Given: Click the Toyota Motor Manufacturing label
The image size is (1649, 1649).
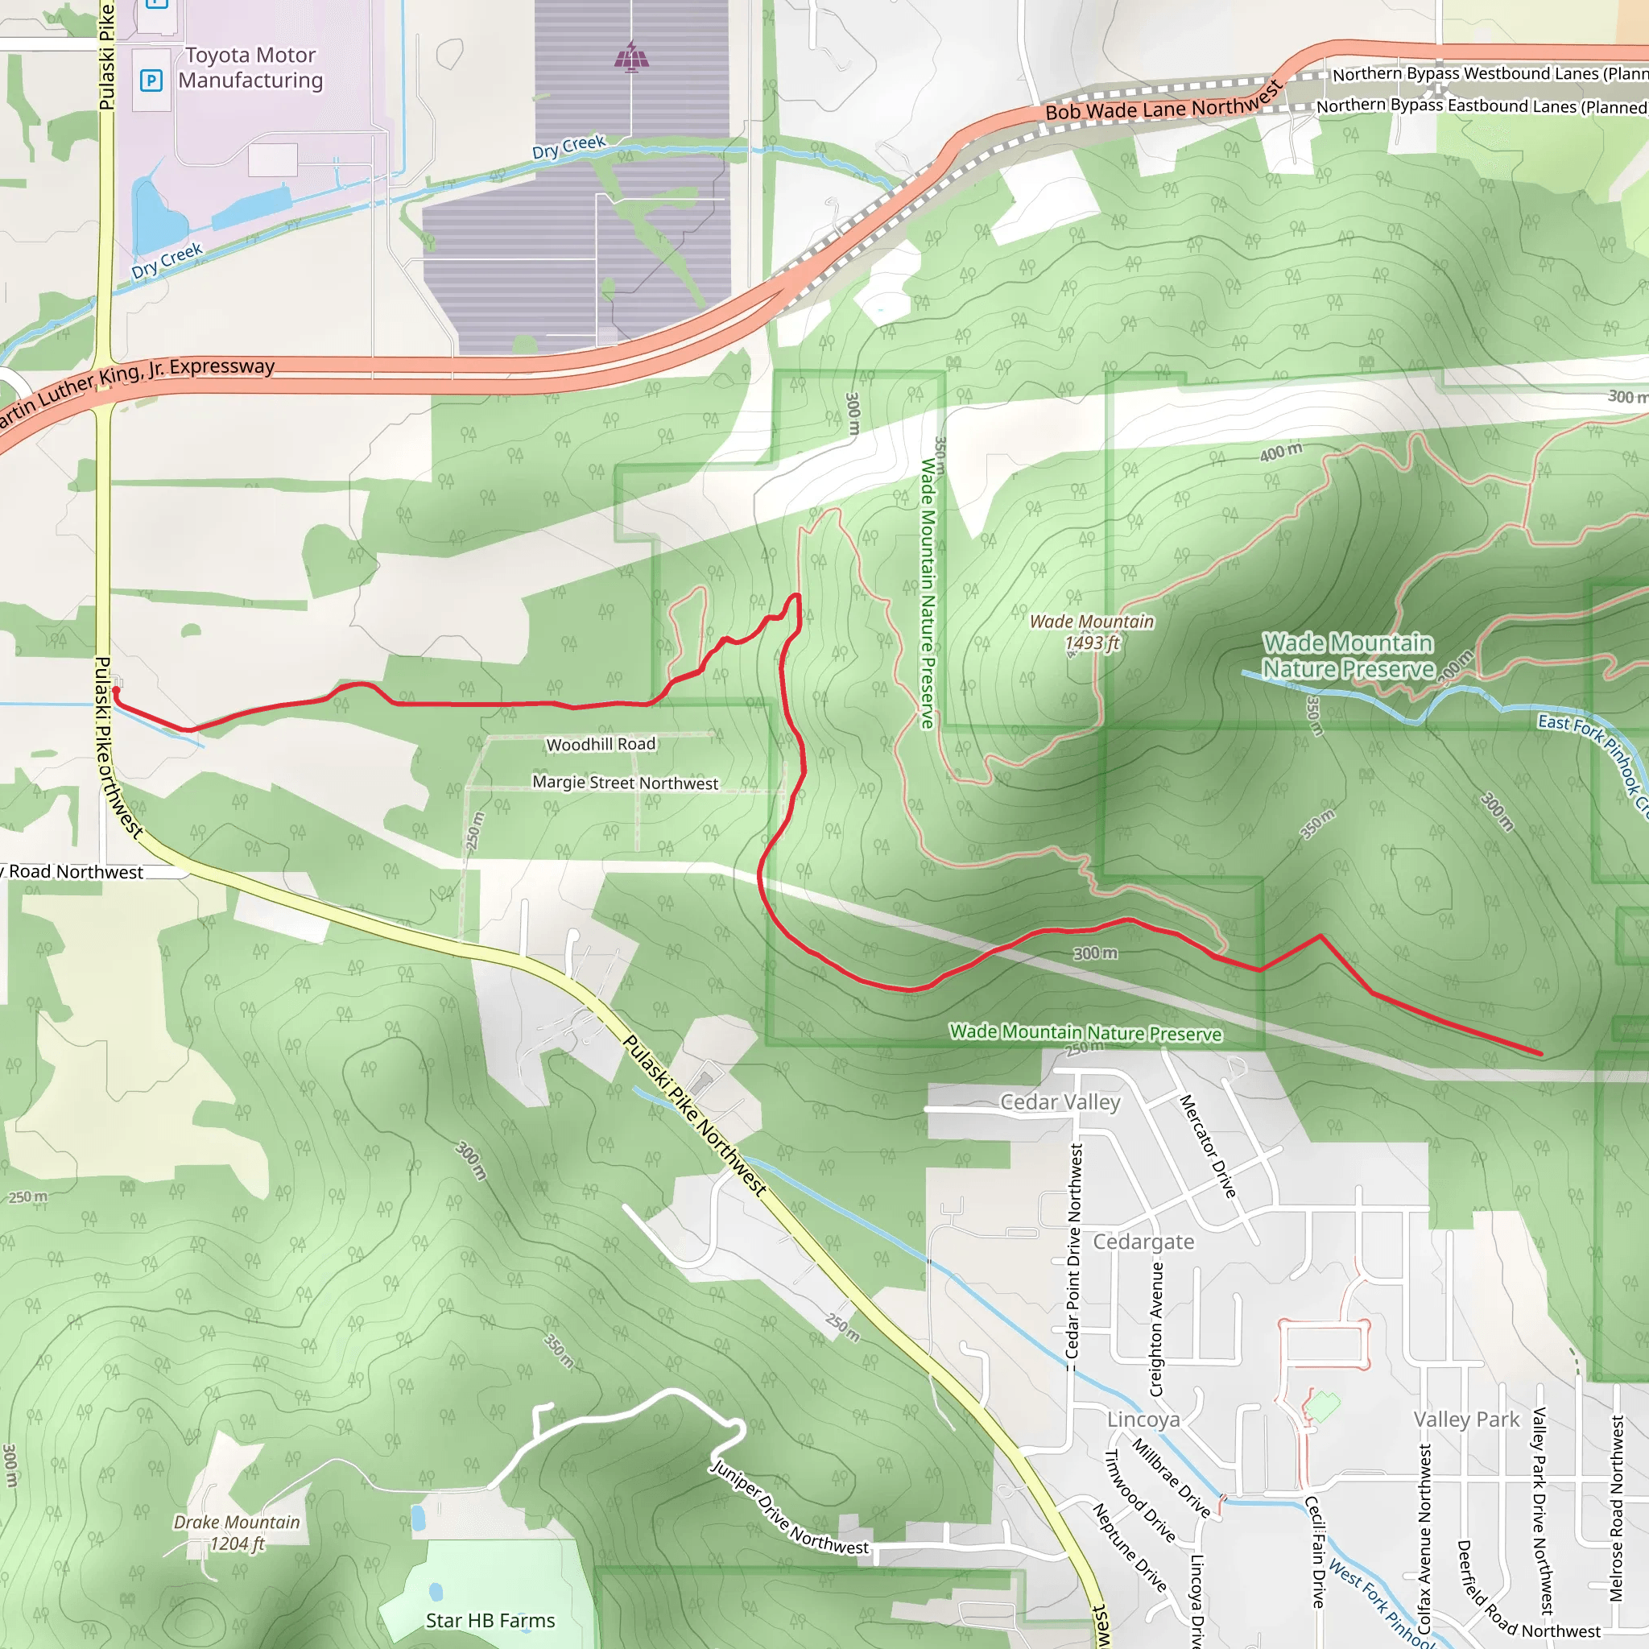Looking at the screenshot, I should tap(250, 68).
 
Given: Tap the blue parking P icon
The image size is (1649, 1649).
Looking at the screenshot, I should tap(151, 81).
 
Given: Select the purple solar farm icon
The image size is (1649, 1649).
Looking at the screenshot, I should tap(631, 57).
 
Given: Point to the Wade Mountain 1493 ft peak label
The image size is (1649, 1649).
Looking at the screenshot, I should tap(1092, 631).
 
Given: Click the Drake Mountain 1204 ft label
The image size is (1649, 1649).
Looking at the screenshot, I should tap(238, 1533).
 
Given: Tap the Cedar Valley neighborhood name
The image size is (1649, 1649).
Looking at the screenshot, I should tap(1060, 1102).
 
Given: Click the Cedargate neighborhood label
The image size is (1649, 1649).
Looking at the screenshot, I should tap(1143, 1242).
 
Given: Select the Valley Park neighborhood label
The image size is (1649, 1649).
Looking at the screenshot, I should tap(1466, 1420).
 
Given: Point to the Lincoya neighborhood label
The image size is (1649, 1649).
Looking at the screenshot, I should tap(1143, 1420).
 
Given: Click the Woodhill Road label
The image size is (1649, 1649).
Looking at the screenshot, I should tap(601, 744).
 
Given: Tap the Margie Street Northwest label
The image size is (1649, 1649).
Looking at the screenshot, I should tap(626, 783).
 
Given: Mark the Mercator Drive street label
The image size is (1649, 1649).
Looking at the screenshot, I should tap(1208, 1147).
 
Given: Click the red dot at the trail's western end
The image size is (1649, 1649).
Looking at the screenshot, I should tap(116, 690).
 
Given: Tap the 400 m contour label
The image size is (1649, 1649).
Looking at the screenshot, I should tap(1281, 452).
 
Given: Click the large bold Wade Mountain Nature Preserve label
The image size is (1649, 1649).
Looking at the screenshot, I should tap(1349, 655).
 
